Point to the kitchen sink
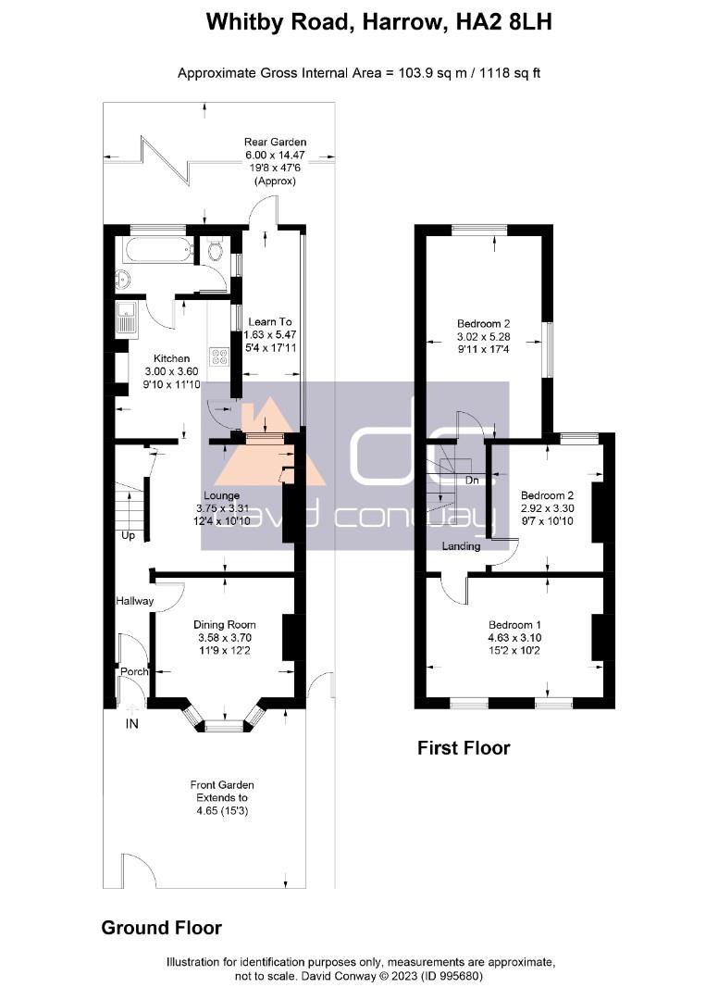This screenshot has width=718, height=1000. [x=127, y=319]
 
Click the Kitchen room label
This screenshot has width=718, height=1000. [x=171, y=358]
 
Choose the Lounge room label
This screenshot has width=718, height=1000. [x=222, y=495]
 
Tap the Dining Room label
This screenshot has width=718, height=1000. [x=224, y=624]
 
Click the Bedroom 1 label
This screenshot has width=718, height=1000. [x=514, y=624]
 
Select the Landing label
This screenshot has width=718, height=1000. [x=461, y=546]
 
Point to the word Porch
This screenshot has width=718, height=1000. [x=134, y=671]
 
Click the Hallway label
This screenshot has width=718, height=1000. [x=134, y=601]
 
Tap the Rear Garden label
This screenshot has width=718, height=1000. [x=275, y=142]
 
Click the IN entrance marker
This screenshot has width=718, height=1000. [x=132, y=724]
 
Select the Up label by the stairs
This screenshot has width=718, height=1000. [x=128, y=536]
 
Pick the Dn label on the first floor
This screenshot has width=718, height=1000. [x=472, y=480]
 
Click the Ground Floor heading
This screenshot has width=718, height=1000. [x=161, y=927]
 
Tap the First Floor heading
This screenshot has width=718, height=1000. [x=464, y=747]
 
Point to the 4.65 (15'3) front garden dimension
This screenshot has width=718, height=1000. [x=222, y=810]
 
